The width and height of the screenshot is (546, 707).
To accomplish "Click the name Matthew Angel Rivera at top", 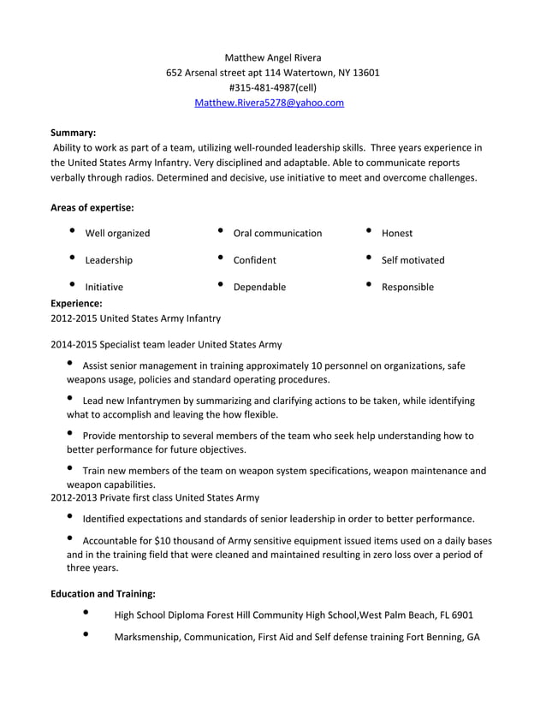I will point(272,57).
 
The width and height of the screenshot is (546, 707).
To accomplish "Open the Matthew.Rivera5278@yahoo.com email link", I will point(270,103).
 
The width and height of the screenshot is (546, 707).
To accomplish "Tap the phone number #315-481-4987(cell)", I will point(272,87).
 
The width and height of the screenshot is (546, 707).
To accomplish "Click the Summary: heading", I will point(73,133).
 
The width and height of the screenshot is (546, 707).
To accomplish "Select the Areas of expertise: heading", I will point(92,207).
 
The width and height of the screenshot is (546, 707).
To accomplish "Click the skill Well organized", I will point(117,233).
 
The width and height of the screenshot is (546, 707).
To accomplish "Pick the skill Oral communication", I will point(277,233).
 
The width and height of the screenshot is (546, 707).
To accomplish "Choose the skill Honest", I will point(397,233).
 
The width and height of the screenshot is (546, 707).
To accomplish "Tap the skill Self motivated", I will point(412,260).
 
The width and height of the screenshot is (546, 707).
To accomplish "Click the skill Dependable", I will point(259,287).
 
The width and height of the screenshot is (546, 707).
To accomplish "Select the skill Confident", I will point(254,260).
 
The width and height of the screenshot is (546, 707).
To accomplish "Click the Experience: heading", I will point(76,303).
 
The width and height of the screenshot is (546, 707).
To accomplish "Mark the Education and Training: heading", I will point(103,593).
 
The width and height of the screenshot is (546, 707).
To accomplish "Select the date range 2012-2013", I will point(74,497).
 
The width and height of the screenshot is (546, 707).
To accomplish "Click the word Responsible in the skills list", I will point(407,287).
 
